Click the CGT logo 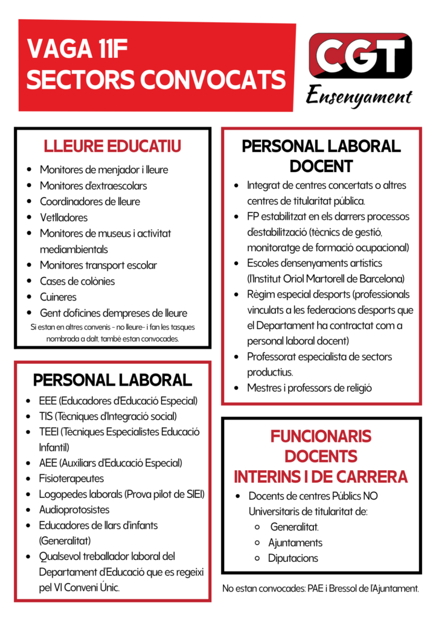click(x=360, y=59)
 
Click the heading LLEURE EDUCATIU click(x=112, y=147)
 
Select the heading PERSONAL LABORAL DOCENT click(x=321, y=156)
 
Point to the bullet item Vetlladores click(x=63, y=217)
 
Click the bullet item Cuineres click(x=58, y=297)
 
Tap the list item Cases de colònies click(x=77, y=281)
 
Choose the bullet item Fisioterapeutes click(x=71, y=479)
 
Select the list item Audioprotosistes click(x=74, y=510)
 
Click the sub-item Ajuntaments click(x=295, y=543)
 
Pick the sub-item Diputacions click(x=293, y=558)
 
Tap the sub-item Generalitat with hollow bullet click(x=294, y=527)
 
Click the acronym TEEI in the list click(x=50, y=432)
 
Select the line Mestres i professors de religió click(x=309, y=388)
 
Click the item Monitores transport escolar click(x=98, y=265)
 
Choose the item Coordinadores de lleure click(x=89, y=202)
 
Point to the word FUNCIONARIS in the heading click(x=321, y=436)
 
